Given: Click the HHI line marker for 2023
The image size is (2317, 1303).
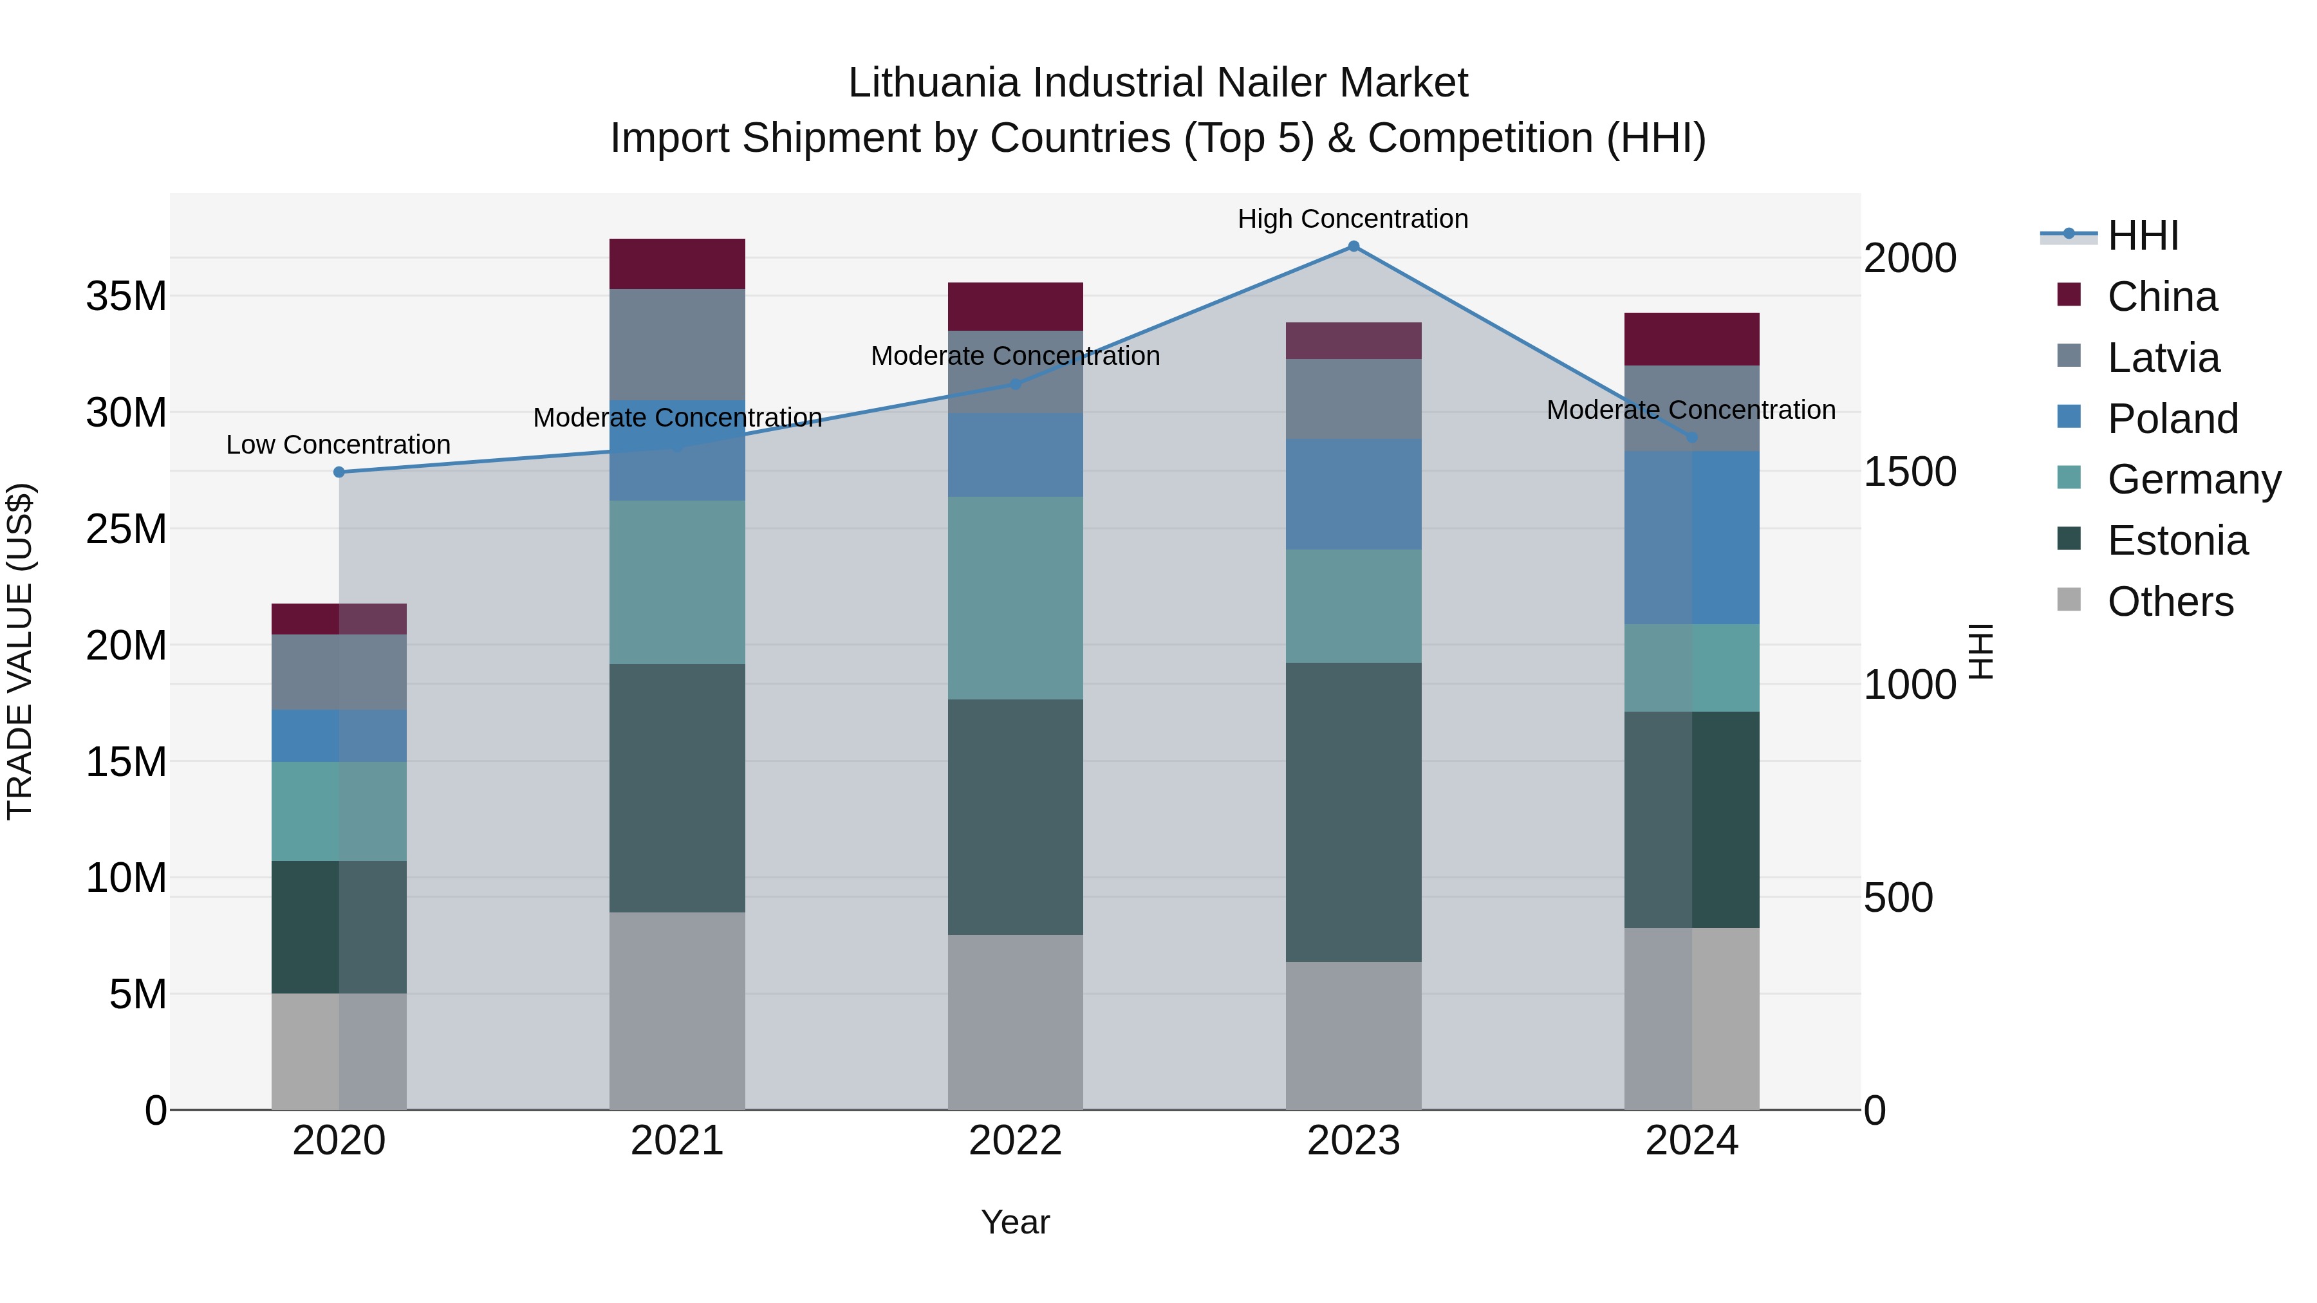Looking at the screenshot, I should click(x=1353, y=246).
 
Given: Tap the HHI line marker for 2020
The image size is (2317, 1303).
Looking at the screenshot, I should click(x=339, y=472).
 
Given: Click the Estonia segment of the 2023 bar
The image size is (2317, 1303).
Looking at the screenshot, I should click(x=1353, y=812).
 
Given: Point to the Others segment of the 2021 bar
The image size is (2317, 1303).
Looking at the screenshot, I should click(x=676, y=1011).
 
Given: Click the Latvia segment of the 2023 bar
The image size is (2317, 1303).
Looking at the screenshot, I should click(x=1353, y=398).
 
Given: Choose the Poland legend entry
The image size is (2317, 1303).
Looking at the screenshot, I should click(x=2172, y=419).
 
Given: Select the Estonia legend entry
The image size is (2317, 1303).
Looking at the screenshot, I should click(x=2177, y=541).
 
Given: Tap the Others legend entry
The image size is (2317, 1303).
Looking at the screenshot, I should click(x=2170, y=602).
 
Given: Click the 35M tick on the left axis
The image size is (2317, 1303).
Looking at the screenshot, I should click(x=126, y=296).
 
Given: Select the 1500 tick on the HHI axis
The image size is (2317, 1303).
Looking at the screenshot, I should click(x=1909, y=471).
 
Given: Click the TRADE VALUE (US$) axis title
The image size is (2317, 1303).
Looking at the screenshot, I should click(x=20, y=651).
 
